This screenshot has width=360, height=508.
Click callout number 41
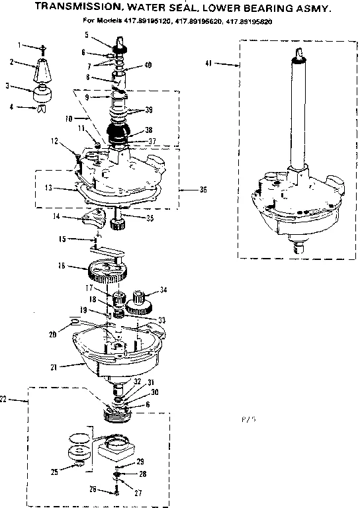[x=210, y=63]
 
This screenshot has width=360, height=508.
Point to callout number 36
[x=202, y=189]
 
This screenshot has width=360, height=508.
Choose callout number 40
[x=148, y=64]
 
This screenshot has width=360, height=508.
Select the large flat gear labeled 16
[x=107, y=271]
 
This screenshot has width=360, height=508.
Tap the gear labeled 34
[x=140, y=302]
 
